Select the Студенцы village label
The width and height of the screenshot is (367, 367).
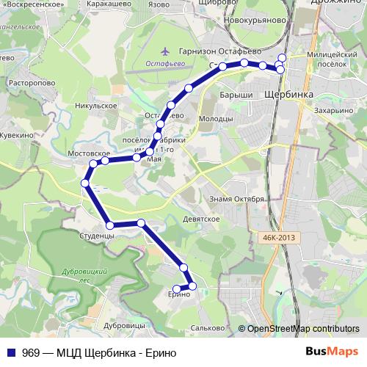96,236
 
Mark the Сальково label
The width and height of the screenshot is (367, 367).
206,328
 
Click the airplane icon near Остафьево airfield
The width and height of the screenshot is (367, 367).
164,51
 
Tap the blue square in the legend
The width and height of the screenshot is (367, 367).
11,352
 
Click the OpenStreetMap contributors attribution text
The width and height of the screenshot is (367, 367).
303,329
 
